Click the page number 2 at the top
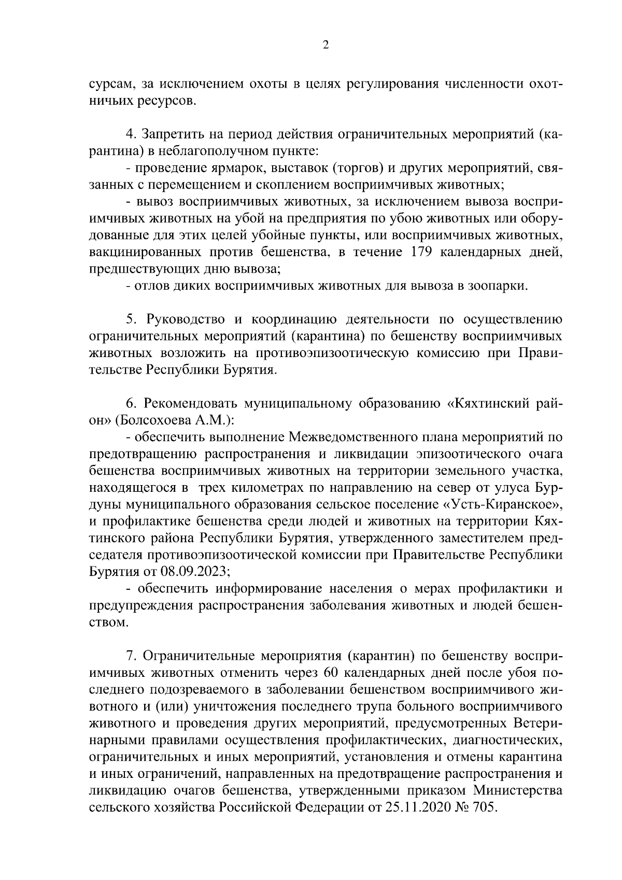click(325, 45)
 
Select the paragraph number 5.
click(131, 320)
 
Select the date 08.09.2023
click(196, 572)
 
